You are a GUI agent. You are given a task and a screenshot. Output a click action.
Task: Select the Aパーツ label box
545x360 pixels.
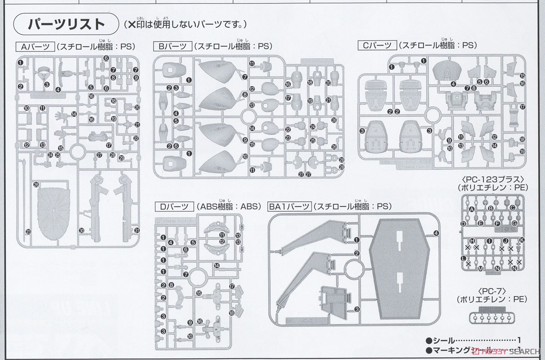(35, 46)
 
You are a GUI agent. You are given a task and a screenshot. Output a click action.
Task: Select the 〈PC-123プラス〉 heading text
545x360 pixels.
(492, 179)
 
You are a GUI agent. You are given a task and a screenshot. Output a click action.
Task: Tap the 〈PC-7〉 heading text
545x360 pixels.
(492, 290)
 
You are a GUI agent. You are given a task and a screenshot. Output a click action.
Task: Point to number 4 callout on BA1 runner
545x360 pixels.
(436, 233)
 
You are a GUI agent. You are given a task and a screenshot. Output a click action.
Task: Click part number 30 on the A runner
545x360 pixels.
(81, 230)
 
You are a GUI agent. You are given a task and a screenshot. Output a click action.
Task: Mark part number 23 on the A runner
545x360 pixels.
(28, 231)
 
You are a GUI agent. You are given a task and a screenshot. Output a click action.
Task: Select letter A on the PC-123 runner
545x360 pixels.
(471, 209)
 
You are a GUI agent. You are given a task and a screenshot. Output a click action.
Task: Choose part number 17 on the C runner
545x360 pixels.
(522, 107)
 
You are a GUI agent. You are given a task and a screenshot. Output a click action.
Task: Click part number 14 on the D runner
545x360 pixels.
(217, 265)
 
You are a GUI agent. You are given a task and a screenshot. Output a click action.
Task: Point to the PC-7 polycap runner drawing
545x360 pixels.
(492, 315)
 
